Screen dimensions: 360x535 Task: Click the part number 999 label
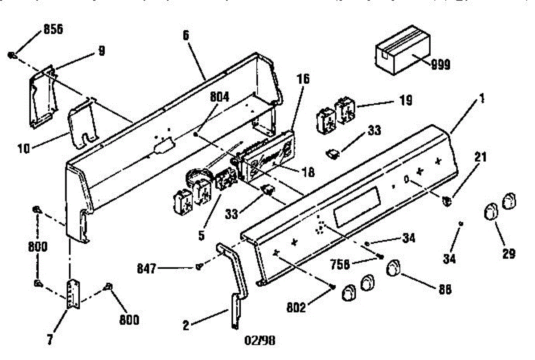pos(440,65)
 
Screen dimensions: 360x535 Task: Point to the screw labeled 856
pos(12,55)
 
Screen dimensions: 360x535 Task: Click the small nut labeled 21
pos(447,201)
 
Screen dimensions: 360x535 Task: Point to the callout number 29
pos(508,254)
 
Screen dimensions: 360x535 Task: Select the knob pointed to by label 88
pos(392,269)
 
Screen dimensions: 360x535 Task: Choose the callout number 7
pos(50,340)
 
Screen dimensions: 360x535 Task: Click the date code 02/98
pos(261,342)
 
